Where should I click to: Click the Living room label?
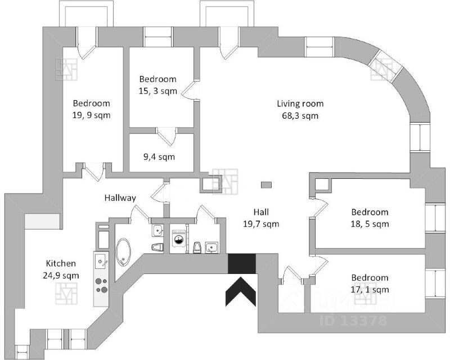(x=300, y=103)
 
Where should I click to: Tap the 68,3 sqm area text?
(x=300, y=116)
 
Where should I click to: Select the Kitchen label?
(x=61, y=264)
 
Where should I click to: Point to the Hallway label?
(x=120, y=198)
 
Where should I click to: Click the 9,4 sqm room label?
(x=159, y=157)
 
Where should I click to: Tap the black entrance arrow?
(x=241, y=291)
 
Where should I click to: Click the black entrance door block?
(x=242, y=264)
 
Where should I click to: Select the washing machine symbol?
(x=178, y=237)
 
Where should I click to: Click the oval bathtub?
(x=123, y=253)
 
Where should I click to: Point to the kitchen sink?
(x=101, y=262)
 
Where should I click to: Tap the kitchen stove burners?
(x=101, y=286)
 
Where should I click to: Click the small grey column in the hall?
(x=266, y=185)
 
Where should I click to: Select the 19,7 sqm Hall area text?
(x=261, y=224)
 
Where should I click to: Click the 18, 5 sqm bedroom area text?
(x=370, y=224)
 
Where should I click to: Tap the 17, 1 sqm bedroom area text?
(x=370, y=289)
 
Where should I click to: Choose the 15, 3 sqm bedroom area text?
(x=158, y=91)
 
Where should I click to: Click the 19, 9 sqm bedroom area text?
(x=91, y=115)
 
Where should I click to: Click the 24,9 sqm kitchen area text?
(x=61, y=276)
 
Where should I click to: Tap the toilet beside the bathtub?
(x=157, y=247)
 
